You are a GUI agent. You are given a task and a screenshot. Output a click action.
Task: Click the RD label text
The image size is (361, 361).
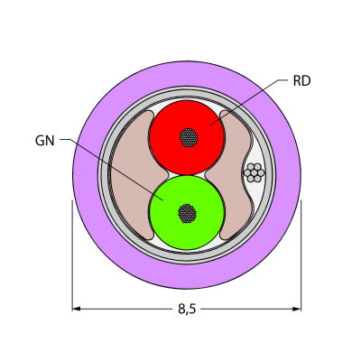(x=301, y=81)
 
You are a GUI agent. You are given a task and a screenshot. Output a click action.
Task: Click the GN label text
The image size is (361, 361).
(x=45, y=141)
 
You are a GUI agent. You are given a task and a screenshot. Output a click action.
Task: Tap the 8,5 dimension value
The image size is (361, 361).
(x=187, y=309)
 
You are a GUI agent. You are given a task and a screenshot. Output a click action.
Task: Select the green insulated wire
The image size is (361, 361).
(x=187, y=212)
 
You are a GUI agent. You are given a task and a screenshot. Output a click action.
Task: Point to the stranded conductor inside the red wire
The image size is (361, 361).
(x=189, y=137)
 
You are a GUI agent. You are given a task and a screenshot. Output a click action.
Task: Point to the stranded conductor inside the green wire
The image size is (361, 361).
(x=187, y=213)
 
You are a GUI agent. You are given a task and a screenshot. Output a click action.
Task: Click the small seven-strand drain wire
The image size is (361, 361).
(x=255, y=172)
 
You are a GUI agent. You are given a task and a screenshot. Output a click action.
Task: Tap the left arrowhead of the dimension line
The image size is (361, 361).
(x=76, y=309)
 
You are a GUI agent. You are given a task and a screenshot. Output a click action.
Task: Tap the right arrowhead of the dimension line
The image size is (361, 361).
(x=297, y=309)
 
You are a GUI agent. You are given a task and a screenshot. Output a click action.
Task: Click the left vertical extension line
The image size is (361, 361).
(x=72, y=255)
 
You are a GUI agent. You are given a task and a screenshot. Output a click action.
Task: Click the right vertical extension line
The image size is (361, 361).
(x=301, y=255)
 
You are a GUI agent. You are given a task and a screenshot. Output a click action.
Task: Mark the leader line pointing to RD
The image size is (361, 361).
(x=245, y=102)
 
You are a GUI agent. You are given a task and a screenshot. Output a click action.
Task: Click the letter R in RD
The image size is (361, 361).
(x=297, y=81)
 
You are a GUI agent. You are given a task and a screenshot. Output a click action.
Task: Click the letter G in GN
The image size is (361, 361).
(x=40, y=141)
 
